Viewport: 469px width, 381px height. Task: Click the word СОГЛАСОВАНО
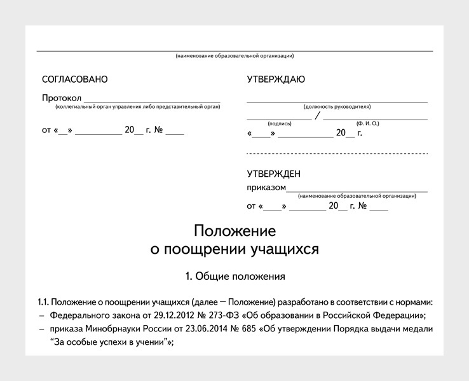pyautogui.click(x=75, y=80)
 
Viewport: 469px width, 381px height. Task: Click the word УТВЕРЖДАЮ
pyautogui.click(x=276, y=80)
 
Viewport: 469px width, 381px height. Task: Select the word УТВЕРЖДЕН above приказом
pyautogui.click(x=274, y=174)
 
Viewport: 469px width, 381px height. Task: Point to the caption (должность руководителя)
pyautogui.click(x=337, y=106)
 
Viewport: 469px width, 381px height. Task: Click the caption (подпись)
pyautogui.click(x=280, y=123)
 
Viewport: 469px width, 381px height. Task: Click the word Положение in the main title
pyautogui.click(x=234, y=230)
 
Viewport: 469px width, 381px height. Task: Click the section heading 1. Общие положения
pyautogui.click(x=234, y=277)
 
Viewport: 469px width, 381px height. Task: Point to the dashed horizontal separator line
pyautogui.click(x=337, y=154)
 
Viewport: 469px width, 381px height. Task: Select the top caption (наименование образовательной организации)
pyautogui.click(x=234, y=57)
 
